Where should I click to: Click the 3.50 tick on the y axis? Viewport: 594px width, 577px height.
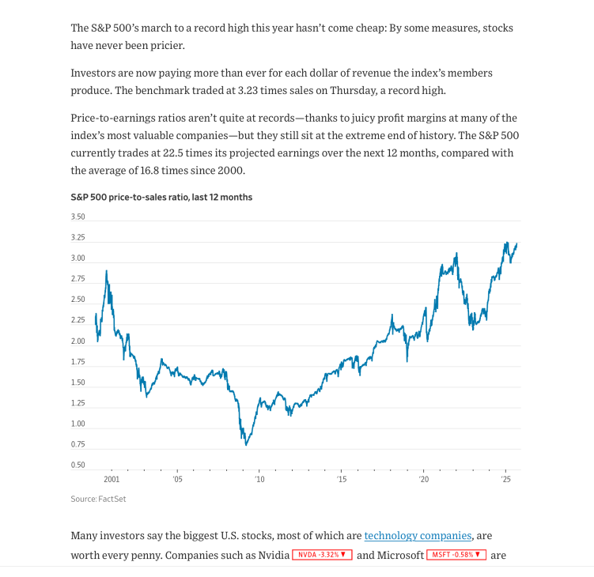[78, 217]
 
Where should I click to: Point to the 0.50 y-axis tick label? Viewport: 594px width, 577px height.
[78, 465]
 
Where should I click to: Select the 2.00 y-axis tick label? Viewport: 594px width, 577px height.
[78, 341]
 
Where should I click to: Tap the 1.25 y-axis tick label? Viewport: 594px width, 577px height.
[78, 403]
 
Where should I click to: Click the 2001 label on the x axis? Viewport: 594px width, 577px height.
[112, 479]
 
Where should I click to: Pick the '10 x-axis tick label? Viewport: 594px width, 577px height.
[259, 479]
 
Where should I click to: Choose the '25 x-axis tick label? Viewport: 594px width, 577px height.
[505, 479]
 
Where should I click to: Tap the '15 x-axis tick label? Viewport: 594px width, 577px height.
[341, 479]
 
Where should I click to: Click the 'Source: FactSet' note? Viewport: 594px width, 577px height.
[98, 499]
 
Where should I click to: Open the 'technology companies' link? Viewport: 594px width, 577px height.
[418, 536]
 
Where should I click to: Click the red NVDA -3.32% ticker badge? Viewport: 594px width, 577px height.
[322, 555]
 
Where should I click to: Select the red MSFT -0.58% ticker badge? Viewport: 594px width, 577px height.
[456, 555]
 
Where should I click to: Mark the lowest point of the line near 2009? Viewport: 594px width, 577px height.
[246, 445]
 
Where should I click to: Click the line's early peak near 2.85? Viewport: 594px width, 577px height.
[106, 271]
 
